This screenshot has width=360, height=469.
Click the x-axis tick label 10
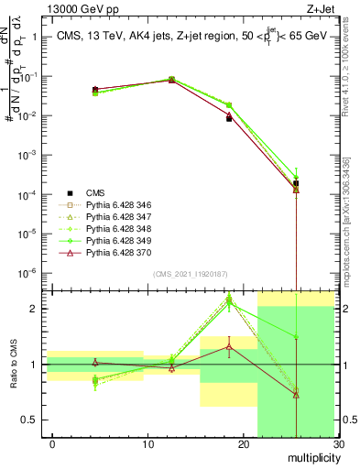click(148, 444)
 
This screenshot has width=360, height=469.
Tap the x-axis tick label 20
click(244, 444)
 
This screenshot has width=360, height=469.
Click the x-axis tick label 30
click(337, 444)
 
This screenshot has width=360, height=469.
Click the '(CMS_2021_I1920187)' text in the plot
click(191, 274)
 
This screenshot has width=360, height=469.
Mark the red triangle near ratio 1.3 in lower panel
click(229, 346)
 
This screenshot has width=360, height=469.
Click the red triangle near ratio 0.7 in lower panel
click(296, 395)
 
